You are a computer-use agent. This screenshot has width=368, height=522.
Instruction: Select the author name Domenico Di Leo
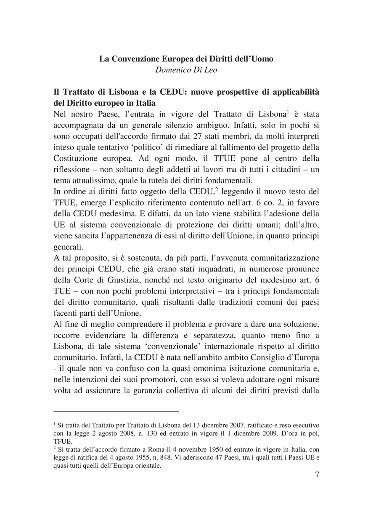(186, 70)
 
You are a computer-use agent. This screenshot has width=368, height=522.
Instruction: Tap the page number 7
(317, 475)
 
